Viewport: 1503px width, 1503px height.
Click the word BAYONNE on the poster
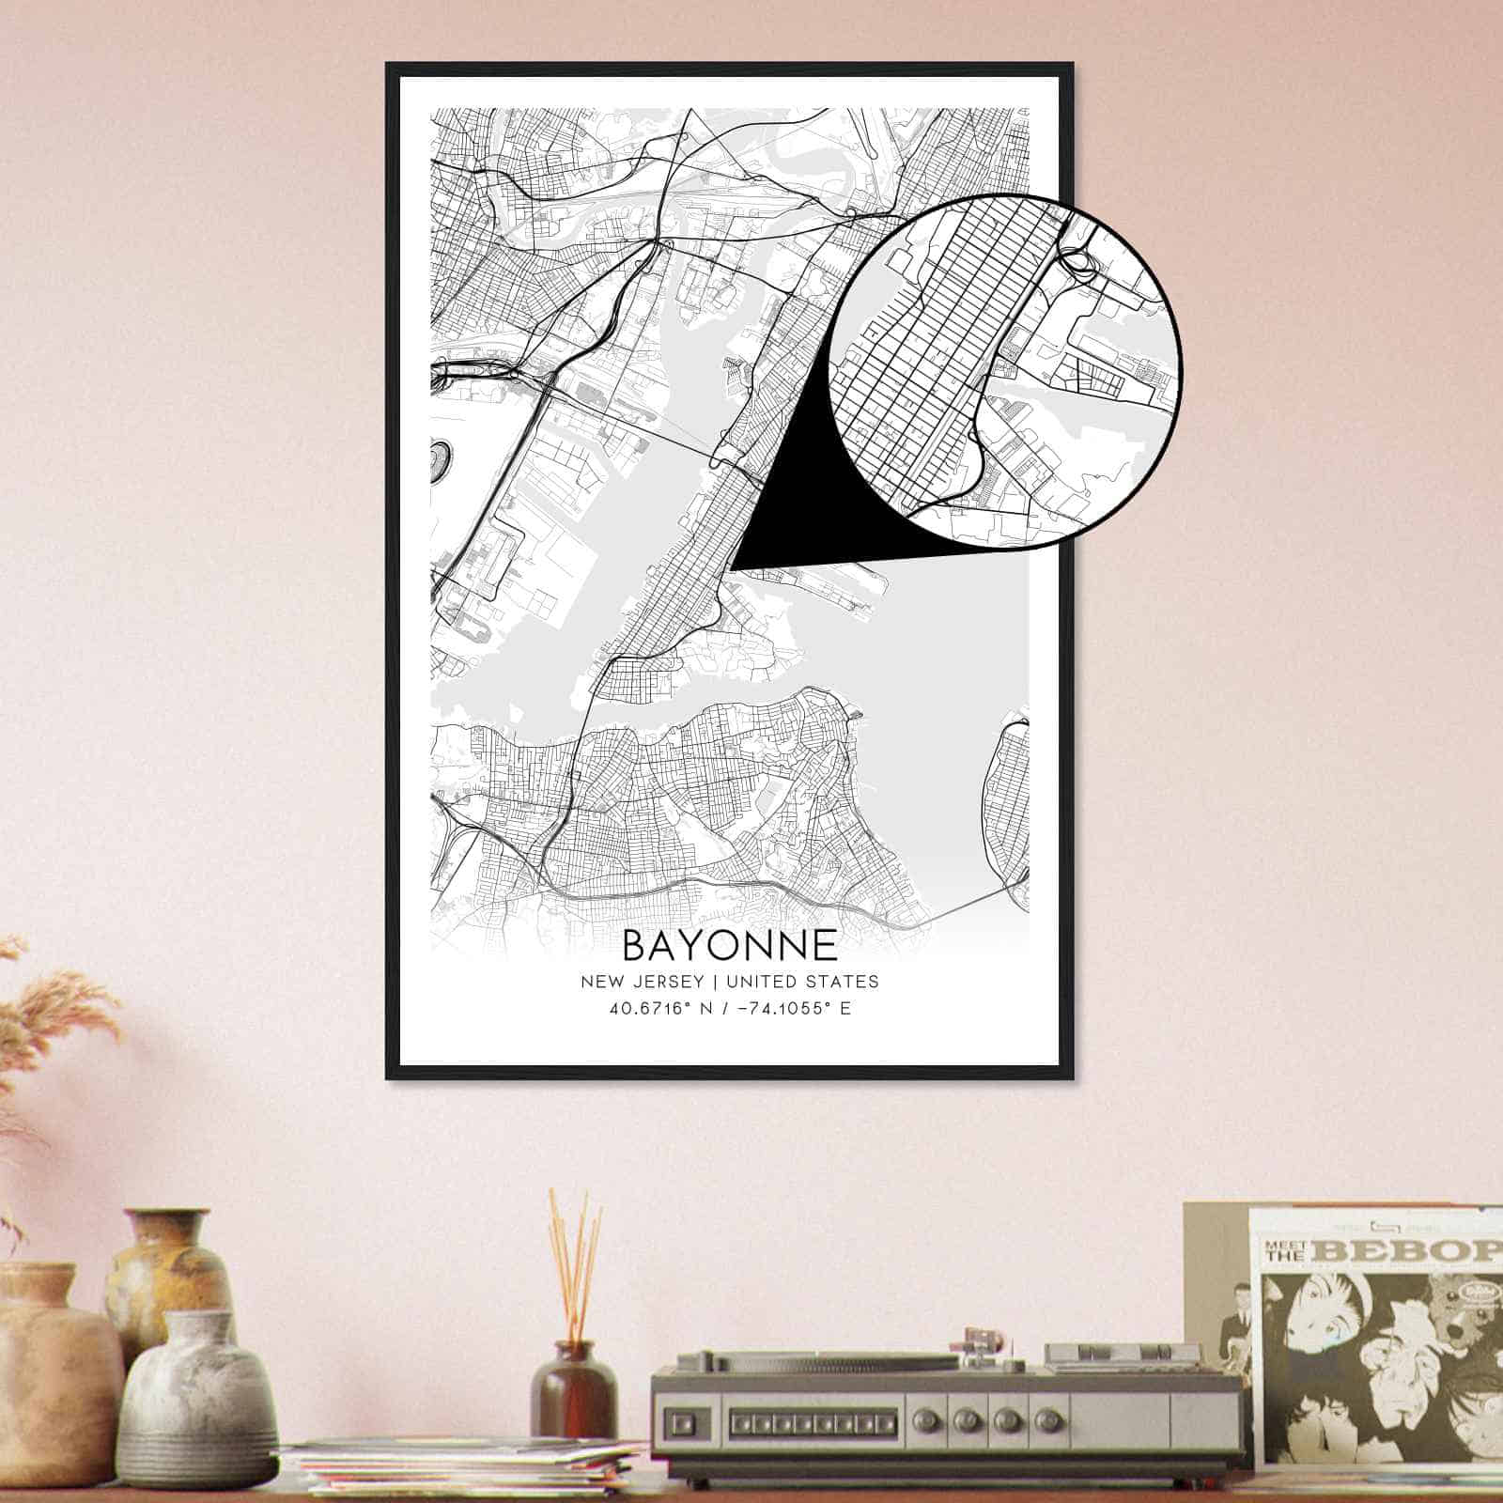click(729, 945)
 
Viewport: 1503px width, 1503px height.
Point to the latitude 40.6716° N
click(658, 1010)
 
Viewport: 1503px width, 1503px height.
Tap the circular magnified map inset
click(1005, 368)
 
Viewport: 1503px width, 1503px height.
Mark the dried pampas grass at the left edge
click(47, 1024)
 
